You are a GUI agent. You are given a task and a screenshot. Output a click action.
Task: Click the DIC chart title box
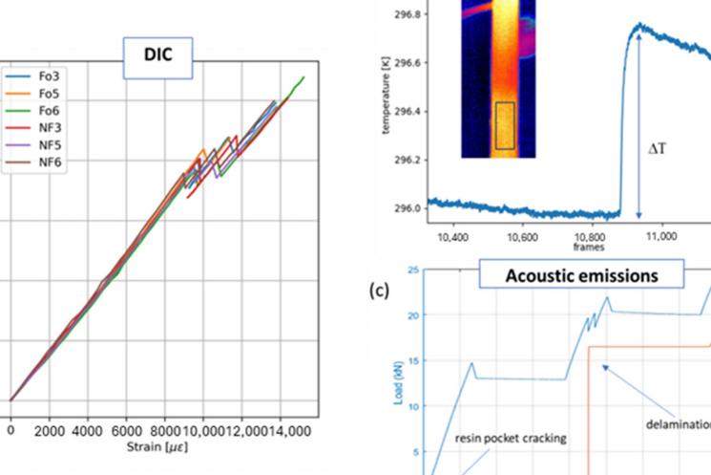160,56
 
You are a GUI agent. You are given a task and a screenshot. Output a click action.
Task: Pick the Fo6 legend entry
45,110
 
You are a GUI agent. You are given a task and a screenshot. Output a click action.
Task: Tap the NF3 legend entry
45,127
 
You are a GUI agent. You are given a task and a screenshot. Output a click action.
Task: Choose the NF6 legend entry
45,162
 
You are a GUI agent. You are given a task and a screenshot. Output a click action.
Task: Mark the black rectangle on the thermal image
505,125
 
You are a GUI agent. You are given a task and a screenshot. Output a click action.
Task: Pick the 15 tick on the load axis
413,360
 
